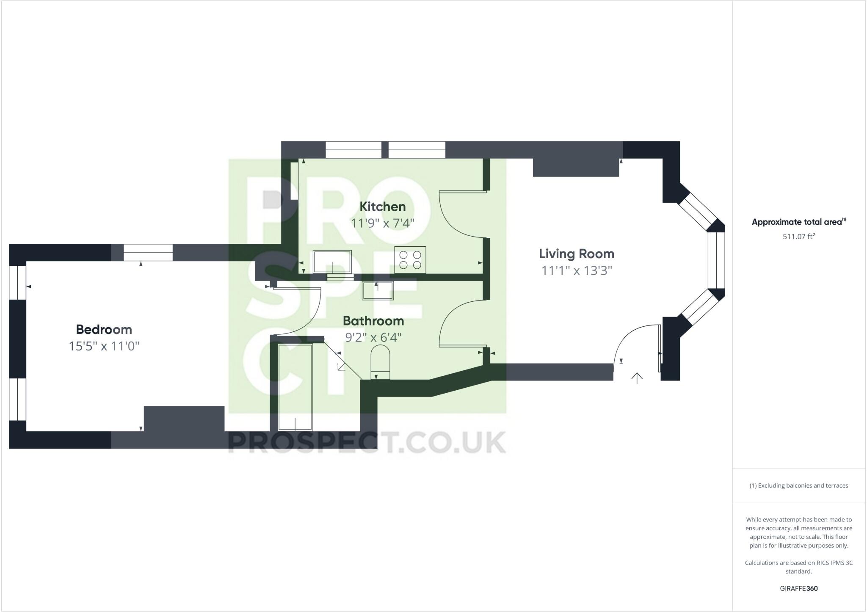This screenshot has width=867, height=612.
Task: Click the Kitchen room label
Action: (x=382, y=207)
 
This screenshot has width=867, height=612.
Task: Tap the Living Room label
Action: (x=576, y=254)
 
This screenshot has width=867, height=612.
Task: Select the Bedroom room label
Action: (x=104, y=329)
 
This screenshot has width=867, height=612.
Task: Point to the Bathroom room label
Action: (x=373, y=321)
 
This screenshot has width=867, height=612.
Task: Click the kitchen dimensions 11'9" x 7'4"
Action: (x=382, y=223)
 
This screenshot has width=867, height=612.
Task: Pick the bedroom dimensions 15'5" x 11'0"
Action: (x=104, y=346)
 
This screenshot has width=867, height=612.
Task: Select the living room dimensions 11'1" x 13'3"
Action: (x=577, y=270)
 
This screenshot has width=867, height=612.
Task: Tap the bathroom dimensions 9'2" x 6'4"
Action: (x=373, y=338)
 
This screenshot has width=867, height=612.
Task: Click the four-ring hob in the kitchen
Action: (x=410, y=260)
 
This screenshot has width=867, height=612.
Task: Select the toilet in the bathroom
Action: (x=380, y=362)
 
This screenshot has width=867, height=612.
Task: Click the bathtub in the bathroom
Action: (x=295, y=387)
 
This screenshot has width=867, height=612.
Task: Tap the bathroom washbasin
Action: (x=377, y=290)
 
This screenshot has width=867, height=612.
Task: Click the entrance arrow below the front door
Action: (x=637, y=378)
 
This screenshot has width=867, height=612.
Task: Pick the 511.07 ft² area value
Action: (x=798, y=237)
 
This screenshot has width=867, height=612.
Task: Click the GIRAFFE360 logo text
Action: (x=798, y=588)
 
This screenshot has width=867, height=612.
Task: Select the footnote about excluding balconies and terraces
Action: (x=798, y=485)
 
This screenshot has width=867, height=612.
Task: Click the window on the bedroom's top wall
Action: (x=148, y=253)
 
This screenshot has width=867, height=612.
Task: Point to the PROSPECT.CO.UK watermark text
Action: (x=367, y=442)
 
